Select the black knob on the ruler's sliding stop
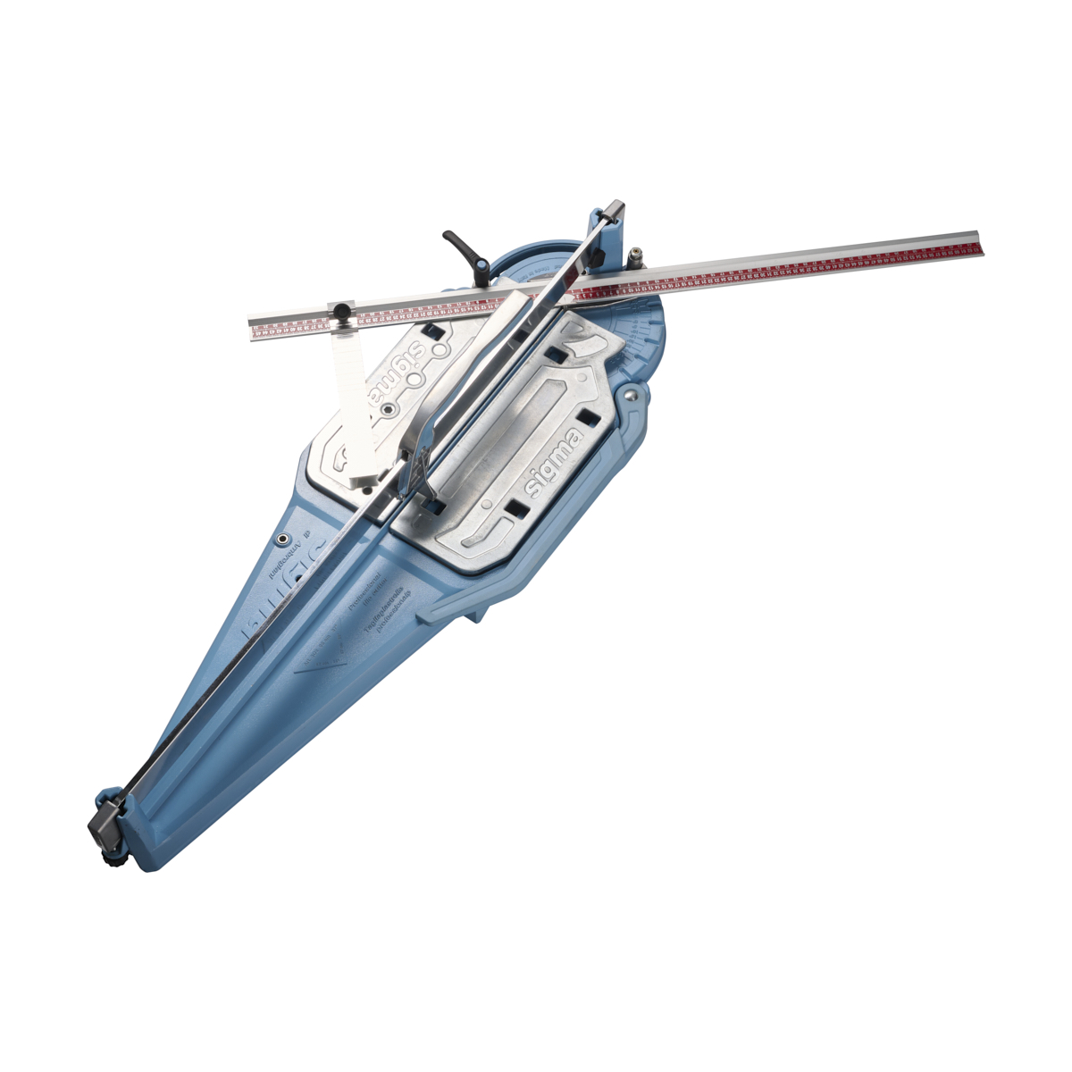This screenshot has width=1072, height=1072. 341,310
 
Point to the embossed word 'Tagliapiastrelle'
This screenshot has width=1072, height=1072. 382,616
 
